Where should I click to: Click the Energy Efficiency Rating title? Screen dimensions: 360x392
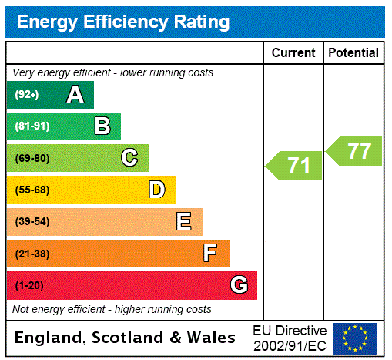point(123,22)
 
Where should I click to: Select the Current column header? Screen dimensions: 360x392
point(293,53)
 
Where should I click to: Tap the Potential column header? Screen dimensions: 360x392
point(353,53)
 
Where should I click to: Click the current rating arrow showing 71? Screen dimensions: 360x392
point(295,166)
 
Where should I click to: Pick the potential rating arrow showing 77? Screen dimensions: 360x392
point(355,150)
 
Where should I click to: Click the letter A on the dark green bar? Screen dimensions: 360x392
point(75,95)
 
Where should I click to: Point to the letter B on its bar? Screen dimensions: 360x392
point(102,126)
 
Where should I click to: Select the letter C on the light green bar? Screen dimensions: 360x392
point(129,158)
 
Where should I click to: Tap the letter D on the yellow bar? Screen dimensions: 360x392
point(156,190)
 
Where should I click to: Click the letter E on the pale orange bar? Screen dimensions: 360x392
point(184,222)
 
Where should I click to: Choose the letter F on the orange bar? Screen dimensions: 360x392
point(210,254)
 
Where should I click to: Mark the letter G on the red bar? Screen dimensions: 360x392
point(239,285)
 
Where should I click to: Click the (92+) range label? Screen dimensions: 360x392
point(27,96)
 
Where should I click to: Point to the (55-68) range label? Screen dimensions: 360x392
point(32,190)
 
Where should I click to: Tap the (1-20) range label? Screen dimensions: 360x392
point(29,286)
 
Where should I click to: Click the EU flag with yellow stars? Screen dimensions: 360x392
point(355,338)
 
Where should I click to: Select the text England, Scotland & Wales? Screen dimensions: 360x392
point(126,338)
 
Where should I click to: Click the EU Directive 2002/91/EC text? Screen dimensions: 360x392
point(290,338)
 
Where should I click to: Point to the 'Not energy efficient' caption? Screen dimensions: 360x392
point(112,309)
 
